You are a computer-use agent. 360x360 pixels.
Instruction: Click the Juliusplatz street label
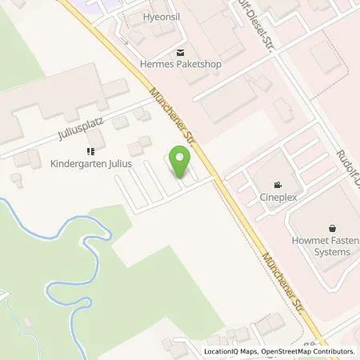[78, 135]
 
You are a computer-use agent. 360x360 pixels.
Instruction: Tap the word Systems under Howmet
[331, 252]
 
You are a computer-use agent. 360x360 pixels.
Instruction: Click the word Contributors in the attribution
[335, 351]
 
